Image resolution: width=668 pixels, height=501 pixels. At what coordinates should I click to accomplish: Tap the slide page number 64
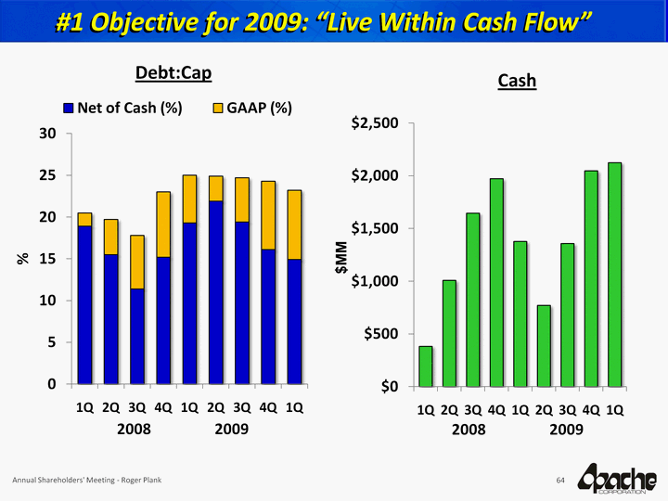pos(560,480)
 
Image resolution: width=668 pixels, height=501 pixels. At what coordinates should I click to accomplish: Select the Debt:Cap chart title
pos(174,71)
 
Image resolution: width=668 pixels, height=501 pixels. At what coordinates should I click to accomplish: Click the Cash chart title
pos(517,81)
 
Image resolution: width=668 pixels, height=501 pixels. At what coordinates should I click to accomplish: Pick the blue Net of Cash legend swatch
pos(68,108)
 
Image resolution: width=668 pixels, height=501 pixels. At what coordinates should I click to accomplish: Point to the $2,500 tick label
pos(375,123)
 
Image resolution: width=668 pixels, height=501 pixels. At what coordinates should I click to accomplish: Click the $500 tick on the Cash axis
pos(381,334)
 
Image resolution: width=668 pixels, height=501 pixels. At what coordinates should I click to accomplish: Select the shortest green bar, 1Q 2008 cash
pos(426,366)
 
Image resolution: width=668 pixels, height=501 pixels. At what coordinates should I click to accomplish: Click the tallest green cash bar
pos(614,274)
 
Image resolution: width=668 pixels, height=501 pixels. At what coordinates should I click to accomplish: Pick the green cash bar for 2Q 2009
pos(544,345)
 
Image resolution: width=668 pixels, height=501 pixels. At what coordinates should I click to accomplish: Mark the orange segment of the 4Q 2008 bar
pos(163,224)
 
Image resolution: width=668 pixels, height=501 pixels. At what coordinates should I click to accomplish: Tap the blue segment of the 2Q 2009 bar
pos(216,292)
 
